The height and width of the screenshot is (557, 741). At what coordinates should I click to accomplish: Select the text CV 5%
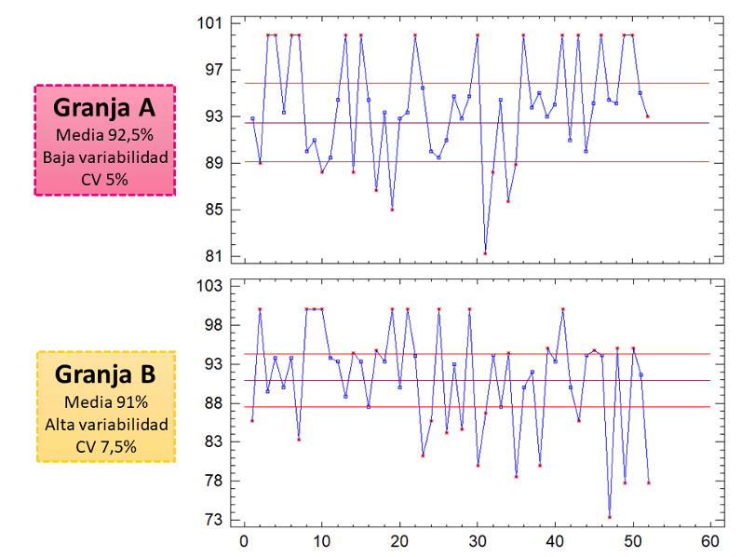point(104,179)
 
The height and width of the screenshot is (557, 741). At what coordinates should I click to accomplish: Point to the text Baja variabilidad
point(104,156)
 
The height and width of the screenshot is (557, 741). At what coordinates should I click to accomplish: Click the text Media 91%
point(104,402)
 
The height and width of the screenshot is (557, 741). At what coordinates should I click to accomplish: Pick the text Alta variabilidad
point(104,425)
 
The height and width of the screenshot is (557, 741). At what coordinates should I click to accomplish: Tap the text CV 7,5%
point(104,447)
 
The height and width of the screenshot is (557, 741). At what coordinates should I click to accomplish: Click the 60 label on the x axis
point(709,540)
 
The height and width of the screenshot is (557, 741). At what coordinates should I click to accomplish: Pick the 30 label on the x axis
point(477,540)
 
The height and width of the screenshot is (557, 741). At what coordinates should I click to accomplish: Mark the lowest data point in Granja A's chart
point(485,253)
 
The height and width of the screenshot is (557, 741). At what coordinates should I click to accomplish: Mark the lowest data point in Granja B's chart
point(610,517)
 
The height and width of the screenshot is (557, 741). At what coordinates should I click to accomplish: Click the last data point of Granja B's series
point(648,482)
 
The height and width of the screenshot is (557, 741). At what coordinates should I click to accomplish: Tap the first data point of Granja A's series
point(252,118)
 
